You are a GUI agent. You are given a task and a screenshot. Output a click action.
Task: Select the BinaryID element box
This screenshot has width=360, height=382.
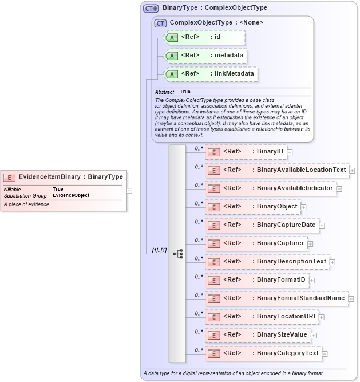tap(246, 152)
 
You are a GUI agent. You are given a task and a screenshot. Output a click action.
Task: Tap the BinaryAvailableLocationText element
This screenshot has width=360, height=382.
tap(277, 170)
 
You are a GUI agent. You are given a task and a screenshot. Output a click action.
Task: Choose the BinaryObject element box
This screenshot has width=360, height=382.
tap(252, 207)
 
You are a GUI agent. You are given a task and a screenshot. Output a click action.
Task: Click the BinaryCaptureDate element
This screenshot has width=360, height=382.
tap(262, 225)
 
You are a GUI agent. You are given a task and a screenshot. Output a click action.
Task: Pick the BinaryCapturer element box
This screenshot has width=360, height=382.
tap(256, 243)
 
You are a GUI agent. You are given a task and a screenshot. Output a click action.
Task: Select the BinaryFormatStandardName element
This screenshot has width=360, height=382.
tap(276, 298)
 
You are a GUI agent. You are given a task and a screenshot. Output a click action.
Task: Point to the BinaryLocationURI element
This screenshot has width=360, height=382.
tap(261, 317)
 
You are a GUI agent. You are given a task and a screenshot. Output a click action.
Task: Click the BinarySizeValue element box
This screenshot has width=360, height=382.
tap(258, 335)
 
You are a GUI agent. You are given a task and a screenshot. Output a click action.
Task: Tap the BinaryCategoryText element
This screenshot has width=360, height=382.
tap(263, 353)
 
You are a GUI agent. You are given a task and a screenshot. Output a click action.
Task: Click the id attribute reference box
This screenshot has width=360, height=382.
tap(204, 37)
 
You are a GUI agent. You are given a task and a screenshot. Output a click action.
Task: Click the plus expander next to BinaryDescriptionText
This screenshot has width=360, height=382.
tap(333, 262)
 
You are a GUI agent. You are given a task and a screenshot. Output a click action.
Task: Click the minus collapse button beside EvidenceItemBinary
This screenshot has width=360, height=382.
tap(130, 190)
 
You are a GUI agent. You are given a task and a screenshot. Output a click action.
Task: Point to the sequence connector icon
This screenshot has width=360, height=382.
tap(177, 253)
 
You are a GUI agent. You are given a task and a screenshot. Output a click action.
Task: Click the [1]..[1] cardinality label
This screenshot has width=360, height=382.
tap(159, 250)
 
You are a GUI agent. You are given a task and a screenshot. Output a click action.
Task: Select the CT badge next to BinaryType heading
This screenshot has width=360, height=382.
tap(151, 9)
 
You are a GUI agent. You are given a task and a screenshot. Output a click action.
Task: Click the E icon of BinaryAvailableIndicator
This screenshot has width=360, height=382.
tap(213, 188)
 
